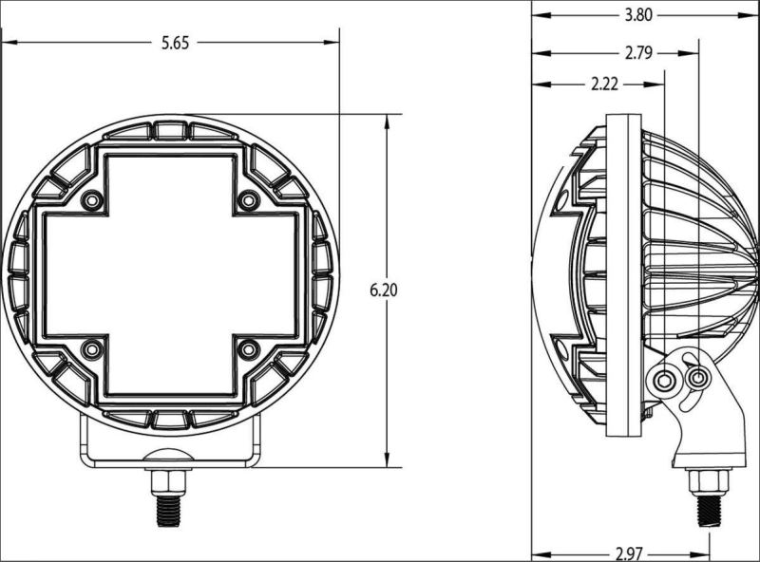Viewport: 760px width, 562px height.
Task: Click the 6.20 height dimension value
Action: [x=383, y=290]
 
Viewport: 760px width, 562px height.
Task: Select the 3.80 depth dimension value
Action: [x=638, y=14]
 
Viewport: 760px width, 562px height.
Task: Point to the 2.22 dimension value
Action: [x=604, y=84]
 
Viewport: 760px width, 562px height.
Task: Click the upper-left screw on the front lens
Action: [x=92, y=201]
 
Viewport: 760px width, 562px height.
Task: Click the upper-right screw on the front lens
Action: [x=247, y=200]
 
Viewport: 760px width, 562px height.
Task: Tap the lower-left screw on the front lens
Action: [x=92, y=350]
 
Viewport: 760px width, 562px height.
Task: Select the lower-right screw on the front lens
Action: [x=247, y=349]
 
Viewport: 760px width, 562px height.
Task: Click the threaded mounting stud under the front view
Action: [x=168, y=500]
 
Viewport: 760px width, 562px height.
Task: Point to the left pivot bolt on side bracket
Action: [x=664, y=381]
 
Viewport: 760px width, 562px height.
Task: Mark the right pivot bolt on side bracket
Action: [x=698, y=379]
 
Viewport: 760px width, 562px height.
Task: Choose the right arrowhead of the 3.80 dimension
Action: [x=737, y=14]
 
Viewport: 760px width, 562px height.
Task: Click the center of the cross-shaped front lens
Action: [x=170, y=274]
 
